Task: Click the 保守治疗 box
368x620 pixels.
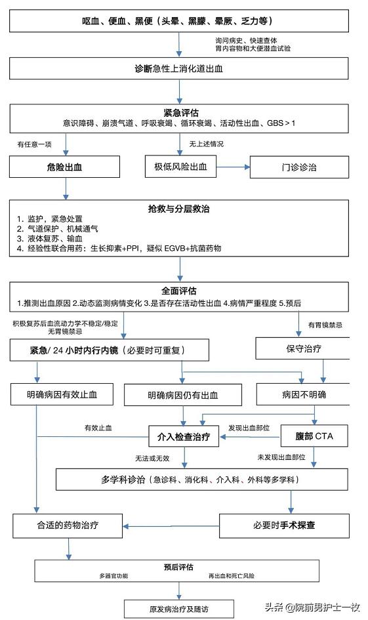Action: (299, 348)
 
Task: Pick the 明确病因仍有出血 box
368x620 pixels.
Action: (182, 395)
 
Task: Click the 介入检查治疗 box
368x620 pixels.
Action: (183, 436)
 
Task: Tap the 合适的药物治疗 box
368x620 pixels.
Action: (68, 526)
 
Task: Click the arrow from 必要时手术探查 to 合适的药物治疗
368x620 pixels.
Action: (171, 526)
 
